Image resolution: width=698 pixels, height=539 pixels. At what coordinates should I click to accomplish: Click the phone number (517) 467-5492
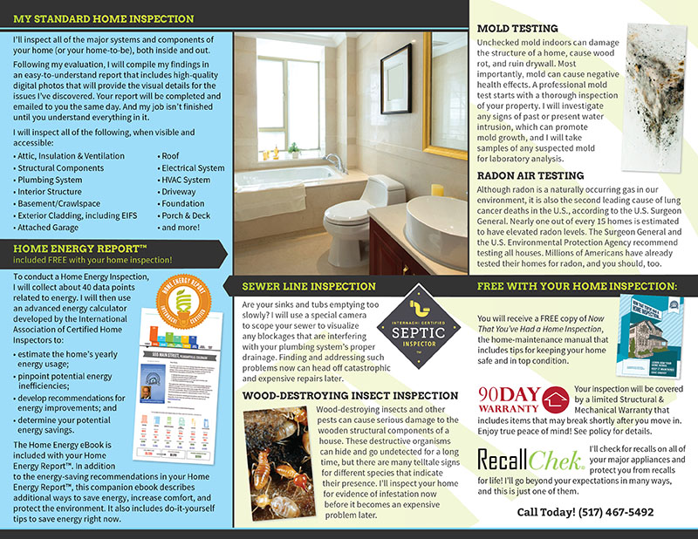click(x=585, y=512)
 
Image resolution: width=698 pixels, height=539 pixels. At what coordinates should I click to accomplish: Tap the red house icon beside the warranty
click(x=553, y=400)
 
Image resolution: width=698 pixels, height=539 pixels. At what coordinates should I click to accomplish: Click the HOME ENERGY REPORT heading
click(x=73, y=249)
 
